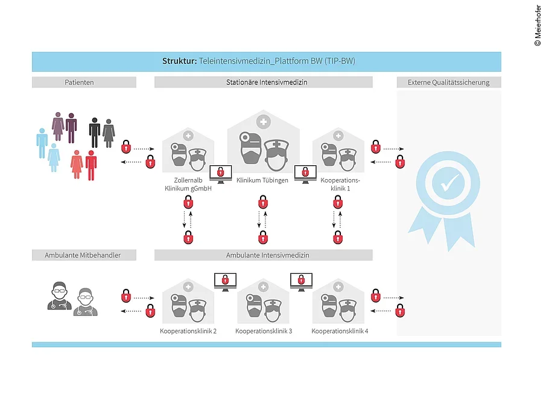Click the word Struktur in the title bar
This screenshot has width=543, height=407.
tap(179, 62)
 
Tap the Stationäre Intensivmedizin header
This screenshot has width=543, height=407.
tap(263, 82)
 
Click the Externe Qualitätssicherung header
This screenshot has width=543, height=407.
tap(448, 82)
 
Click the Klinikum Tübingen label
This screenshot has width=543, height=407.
tap(262, 180)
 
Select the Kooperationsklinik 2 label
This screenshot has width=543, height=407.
tap(188, 331)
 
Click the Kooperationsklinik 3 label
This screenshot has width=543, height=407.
tap(264, 331)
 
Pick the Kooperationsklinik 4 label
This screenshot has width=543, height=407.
tap(340, 331)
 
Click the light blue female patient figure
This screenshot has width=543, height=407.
tap(54, 158)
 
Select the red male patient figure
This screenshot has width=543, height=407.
tap(91, 165)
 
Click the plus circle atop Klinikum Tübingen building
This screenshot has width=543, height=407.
tap(263, 121)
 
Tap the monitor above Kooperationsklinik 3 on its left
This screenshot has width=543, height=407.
tap(225, 280)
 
